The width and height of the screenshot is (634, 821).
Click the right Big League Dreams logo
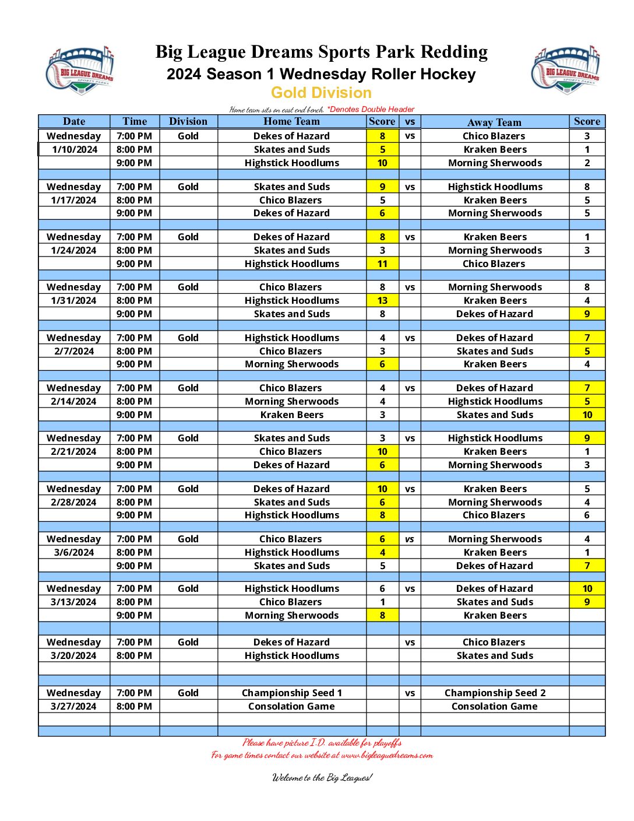(565, 70)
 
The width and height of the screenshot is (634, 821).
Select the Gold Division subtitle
(321, 93)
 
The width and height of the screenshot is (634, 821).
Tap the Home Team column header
(291, 121)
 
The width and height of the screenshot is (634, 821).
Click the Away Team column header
(494, 122)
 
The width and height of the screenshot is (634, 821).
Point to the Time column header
(135, 121)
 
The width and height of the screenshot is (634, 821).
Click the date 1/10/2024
(75, 149)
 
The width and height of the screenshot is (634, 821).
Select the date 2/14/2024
(73, 401)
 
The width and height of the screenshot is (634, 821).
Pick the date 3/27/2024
(73, 706)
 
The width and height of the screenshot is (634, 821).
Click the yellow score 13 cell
(382, 300)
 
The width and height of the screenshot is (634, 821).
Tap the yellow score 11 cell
(382, 264)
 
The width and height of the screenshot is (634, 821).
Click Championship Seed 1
(291, 693)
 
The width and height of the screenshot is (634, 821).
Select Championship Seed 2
(495, 693)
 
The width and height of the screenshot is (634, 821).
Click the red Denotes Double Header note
(371, 109)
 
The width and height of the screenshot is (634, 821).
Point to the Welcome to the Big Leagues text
(322, 777)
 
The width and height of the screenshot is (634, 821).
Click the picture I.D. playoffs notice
(322, 742)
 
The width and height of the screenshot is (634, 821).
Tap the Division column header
(188, 121)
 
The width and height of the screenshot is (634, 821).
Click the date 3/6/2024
(73, 552)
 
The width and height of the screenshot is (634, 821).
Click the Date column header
(74, 121)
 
